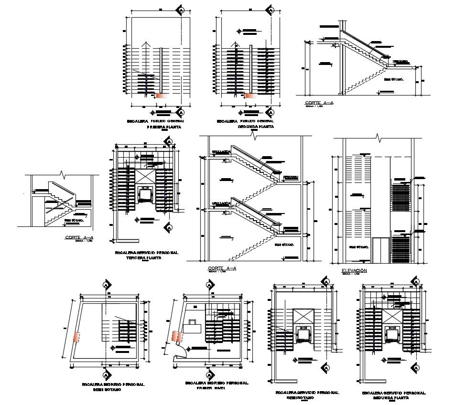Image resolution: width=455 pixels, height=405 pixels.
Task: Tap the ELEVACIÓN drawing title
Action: (354, 270)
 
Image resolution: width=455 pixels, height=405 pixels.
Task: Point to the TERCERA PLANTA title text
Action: (143, 258)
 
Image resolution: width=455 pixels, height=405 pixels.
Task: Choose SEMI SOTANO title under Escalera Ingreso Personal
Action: (107, 389)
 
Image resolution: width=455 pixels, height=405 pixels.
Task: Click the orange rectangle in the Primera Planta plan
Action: (161, 96)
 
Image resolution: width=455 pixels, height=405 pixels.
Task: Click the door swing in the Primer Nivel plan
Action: (180, 352)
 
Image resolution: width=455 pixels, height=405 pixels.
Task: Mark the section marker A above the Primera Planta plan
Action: (181, 10)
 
